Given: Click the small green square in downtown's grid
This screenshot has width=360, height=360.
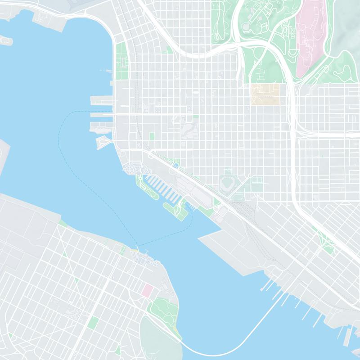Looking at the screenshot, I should pos(152,135).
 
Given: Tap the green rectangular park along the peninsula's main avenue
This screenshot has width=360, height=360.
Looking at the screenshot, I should pos(94,322).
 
